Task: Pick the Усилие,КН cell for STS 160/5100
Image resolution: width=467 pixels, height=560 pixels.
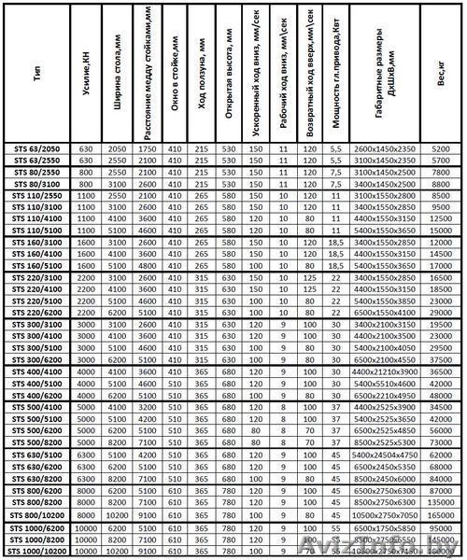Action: coord(87,265)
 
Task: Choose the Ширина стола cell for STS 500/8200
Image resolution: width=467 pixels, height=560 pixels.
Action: coord(116,443)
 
